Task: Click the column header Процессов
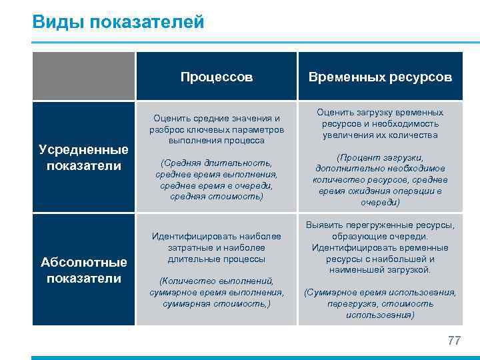217,77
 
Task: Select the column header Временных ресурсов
380,77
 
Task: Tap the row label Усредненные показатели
83,158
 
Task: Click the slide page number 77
454,341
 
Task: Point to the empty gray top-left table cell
83,77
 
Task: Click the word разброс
168,129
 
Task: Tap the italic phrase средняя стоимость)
217,197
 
